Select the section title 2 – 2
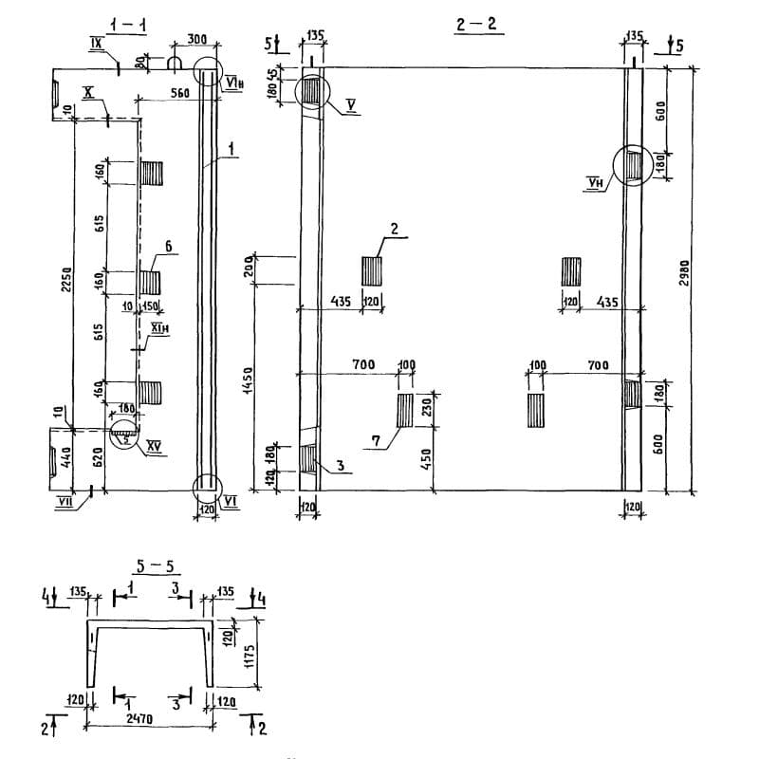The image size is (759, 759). point(476,26)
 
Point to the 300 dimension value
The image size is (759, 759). point(196,40)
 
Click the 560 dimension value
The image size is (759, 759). point(179,93)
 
